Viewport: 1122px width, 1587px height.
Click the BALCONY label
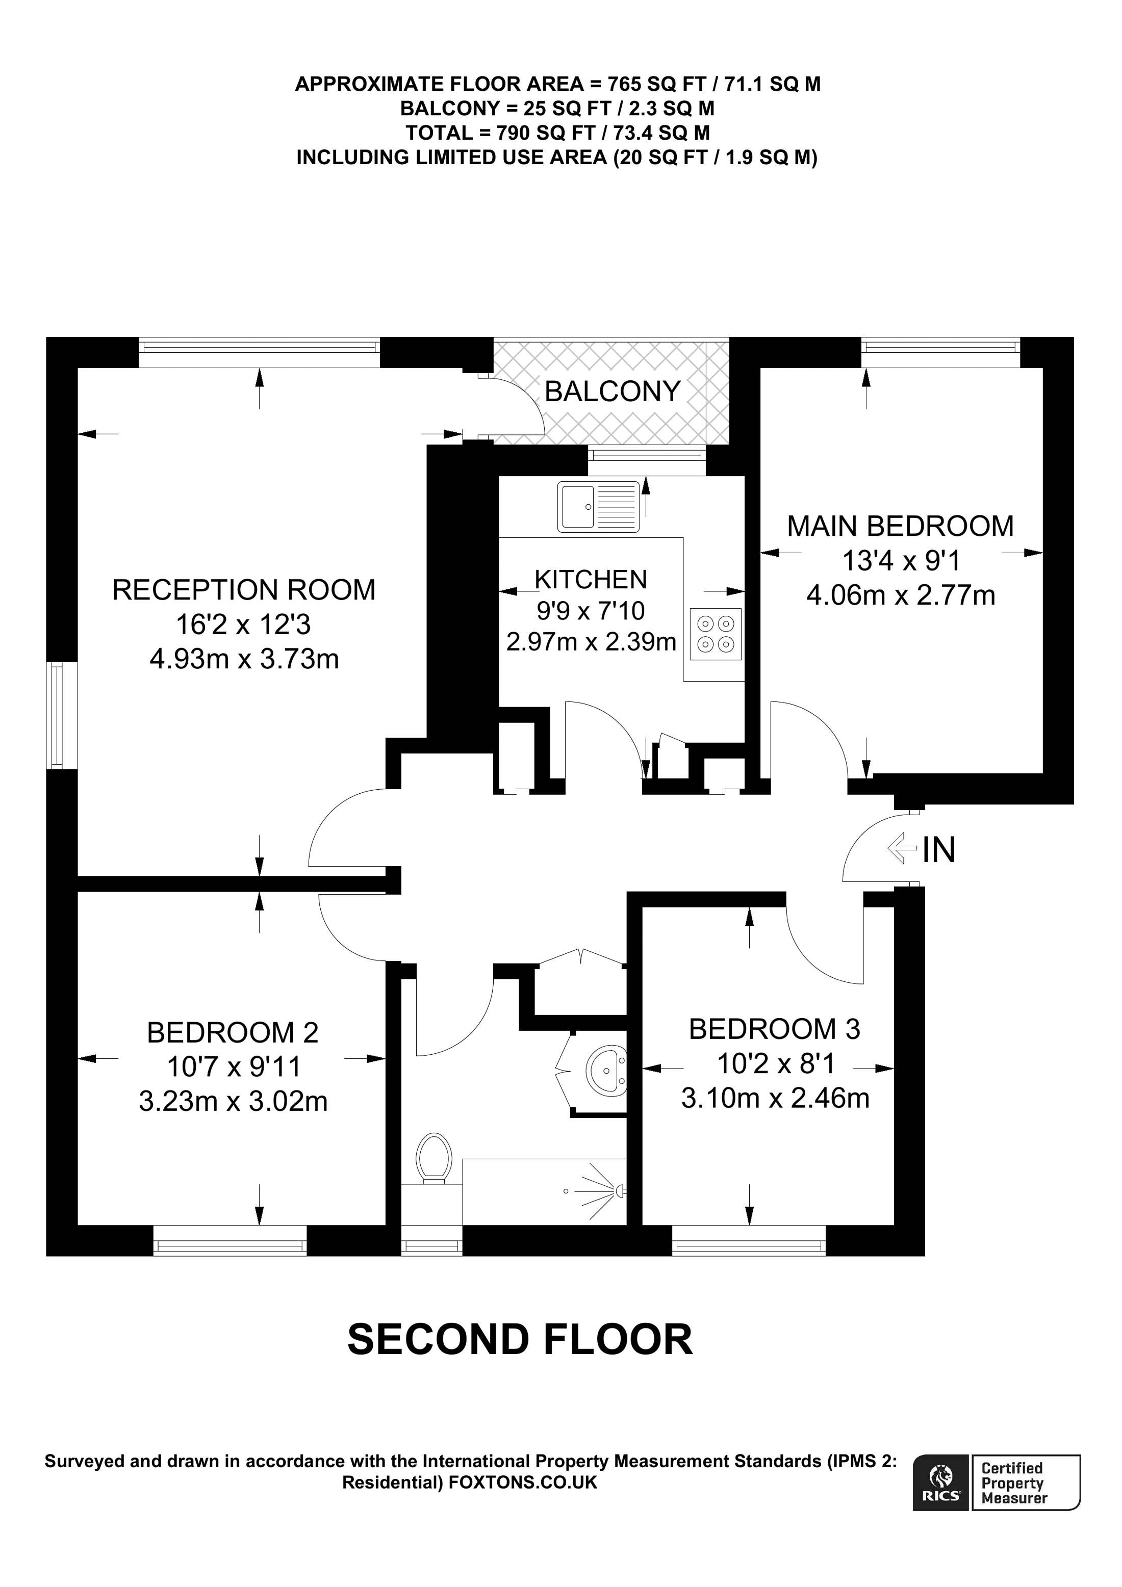tap(613, 392)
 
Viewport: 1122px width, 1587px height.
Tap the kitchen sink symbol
tap(599, 507)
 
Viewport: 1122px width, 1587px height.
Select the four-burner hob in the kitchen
tap(715, 634)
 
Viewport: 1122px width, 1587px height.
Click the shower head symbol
tap(620, 1190)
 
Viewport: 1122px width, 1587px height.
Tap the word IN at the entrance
tap(939, 849)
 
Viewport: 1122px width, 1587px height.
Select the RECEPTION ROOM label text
tap(243, 590)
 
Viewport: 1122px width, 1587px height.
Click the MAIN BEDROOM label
tap(900, 527)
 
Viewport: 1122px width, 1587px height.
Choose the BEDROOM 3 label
tap(774, 1029)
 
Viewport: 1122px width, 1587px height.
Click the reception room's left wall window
tap(62, 715)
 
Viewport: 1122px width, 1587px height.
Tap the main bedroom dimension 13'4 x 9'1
tap(900, 561)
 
